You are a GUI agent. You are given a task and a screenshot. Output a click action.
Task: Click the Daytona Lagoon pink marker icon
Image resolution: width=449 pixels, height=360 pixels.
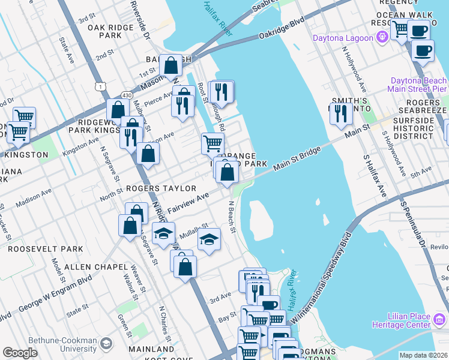382,38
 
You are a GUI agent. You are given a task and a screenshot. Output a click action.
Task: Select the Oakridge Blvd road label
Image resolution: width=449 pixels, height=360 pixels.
282,29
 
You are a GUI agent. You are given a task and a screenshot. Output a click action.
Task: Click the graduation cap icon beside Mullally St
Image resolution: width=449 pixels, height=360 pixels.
208,239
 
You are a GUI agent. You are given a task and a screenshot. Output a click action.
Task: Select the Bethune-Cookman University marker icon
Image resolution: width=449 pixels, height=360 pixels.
106,343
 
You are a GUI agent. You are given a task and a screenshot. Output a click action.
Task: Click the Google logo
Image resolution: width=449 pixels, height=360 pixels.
20,353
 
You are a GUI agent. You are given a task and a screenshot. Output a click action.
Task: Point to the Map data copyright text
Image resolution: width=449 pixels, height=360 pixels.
423,355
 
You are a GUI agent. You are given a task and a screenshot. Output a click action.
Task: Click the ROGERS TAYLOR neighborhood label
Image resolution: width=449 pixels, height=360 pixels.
153,188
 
